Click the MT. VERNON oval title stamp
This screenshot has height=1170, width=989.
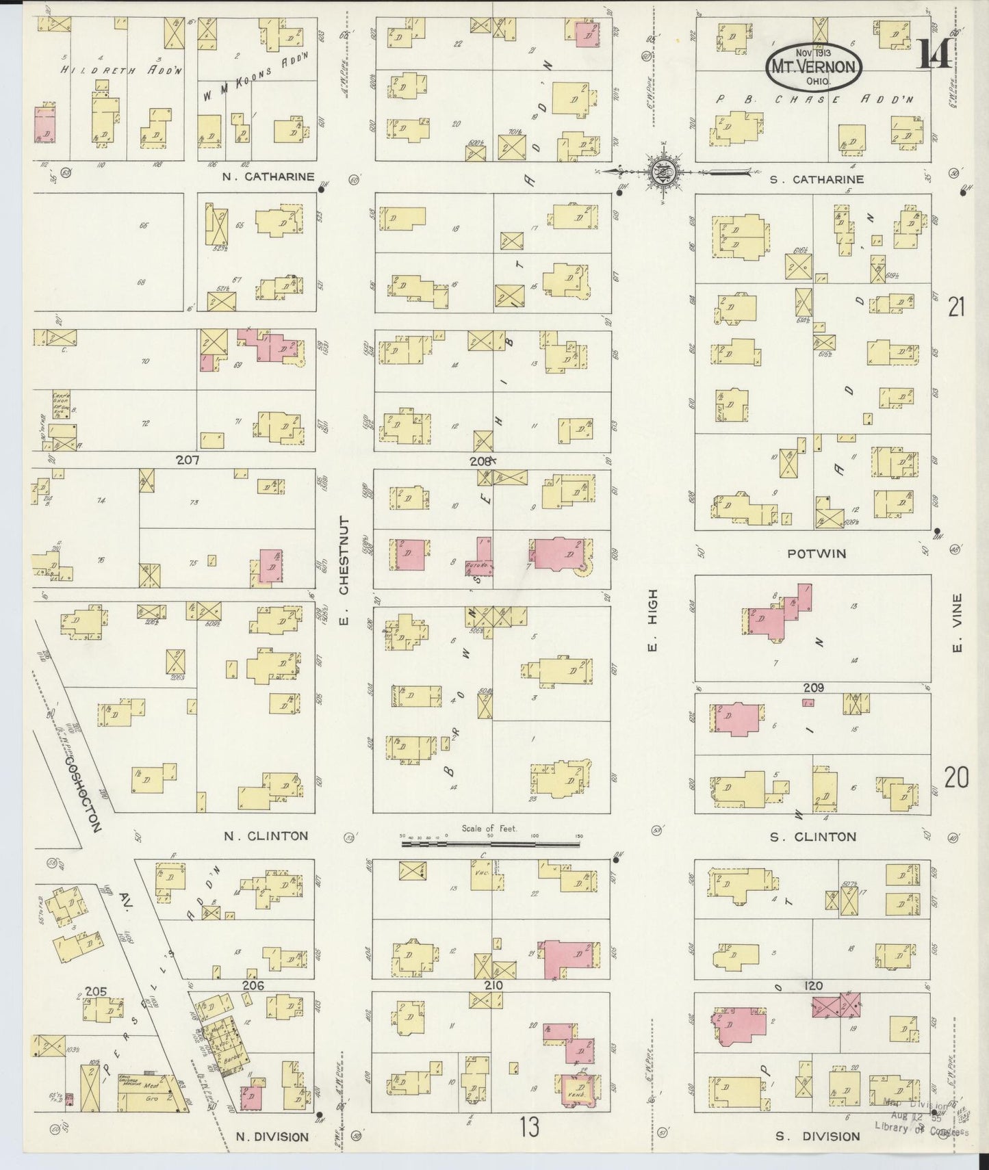point(813,67)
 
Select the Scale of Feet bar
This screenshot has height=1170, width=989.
point(491,844)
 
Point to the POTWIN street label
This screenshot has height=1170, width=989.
point(816,554)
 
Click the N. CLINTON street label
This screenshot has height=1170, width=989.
point(266,835)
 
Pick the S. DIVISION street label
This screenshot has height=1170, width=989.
point(817,1136)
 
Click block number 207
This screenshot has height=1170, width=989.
point(187,460)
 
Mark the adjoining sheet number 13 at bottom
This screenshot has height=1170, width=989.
point(528,1126)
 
